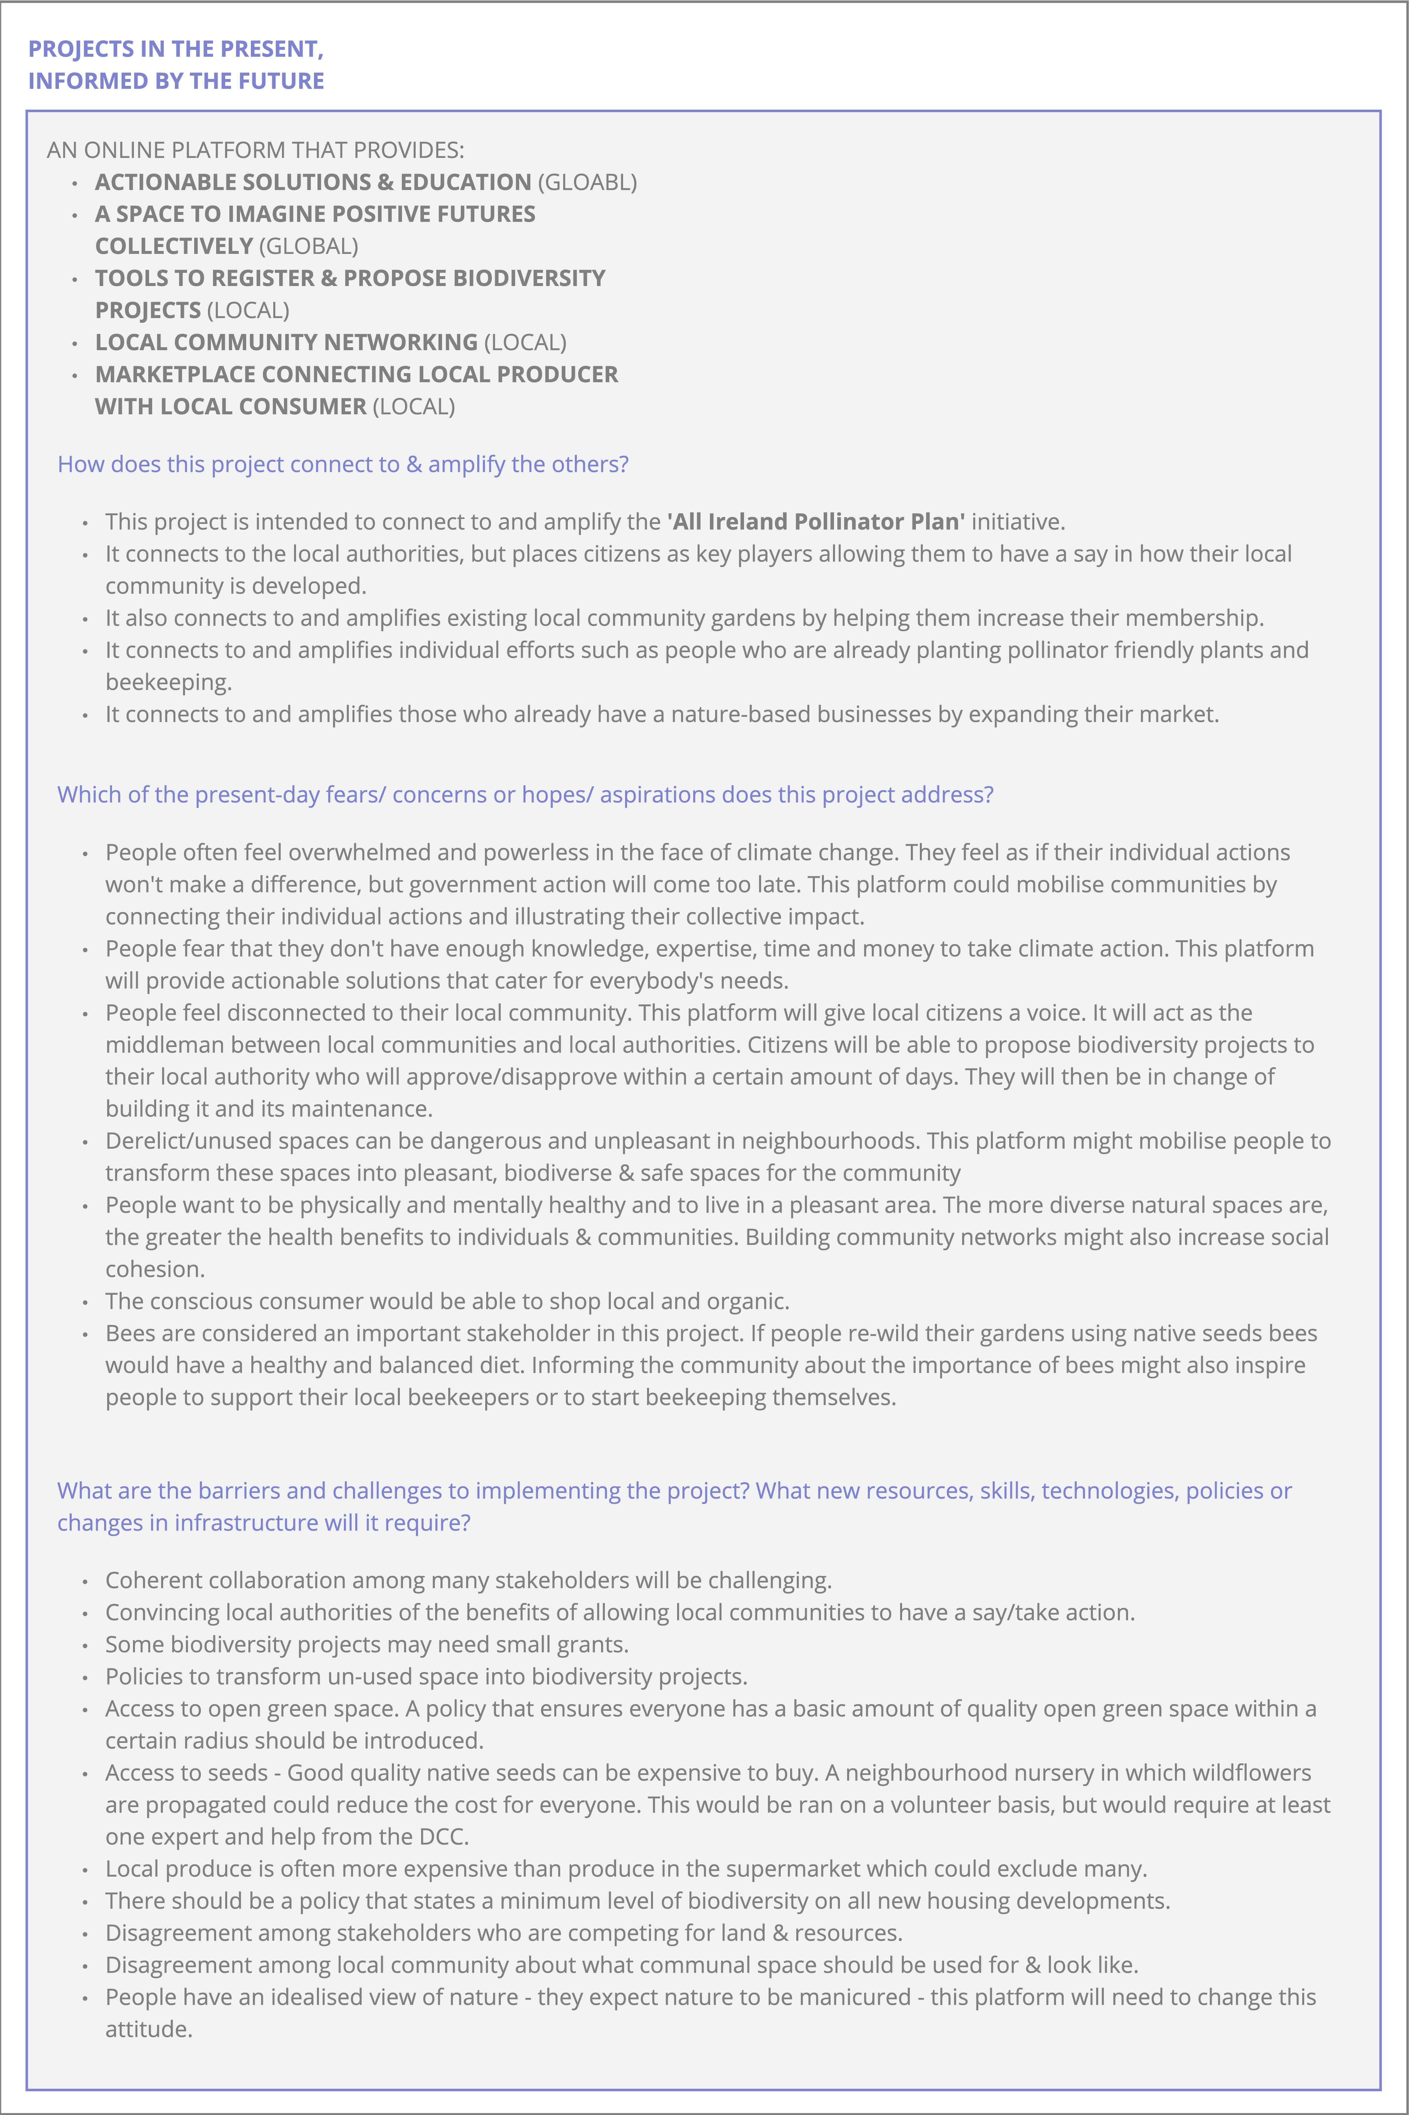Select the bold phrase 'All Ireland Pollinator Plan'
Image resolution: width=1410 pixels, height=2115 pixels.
[x=816, y=522]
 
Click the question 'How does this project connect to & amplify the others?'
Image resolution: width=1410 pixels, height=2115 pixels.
[x=343, y=464]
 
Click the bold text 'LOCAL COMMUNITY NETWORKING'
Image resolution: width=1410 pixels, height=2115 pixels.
[x=286, y=342]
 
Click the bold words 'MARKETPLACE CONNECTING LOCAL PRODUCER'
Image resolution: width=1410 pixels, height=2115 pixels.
[x=356, y=374]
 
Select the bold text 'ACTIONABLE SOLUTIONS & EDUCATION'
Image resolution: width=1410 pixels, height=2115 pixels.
[x=313, y=182]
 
